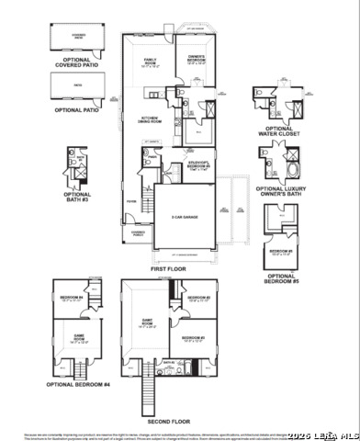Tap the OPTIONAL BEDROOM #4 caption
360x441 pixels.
[82, 383]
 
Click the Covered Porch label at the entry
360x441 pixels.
[137, 233]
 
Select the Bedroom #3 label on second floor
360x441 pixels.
[198, 300]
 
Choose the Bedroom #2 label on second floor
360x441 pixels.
[192, 339]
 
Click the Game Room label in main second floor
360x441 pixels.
[147, 322]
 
